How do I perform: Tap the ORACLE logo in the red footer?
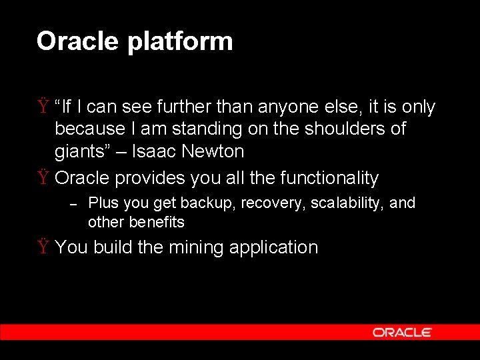(x=402, y=332)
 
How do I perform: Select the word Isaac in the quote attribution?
(x=155, y=151)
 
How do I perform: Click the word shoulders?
(x=339, y=128)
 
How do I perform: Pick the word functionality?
(x=329, y=178)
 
